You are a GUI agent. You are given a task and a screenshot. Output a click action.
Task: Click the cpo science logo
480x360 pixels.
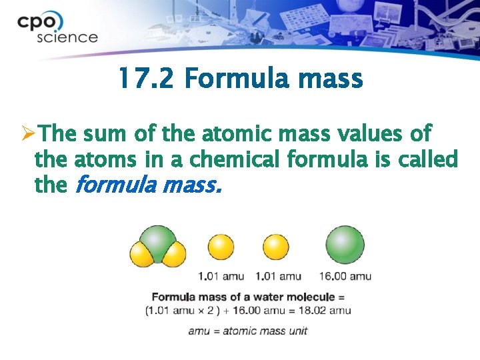tap(57, 29)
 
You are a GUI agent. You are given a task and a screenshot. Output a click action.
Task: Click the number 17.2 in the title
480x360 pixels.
tap(146, 79)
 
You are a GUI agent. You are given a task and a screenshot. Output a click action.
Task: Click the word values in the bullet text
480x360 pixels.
tap(371, 134)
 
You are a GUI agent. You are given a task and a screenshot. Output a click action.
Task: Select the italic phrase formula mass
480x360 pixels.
tap(145, 186)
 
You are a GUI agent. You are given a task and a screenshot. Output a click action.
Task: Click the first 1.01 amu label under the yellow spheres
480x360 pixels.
tap(221, 276)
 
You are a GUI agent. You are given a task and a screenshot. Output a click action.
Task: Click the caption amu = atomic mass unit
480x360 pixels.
tap(247, 331)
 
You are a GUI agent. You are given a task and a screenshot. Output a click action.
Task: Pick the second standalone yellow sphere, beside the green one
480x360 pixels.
tap(276, 247)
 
